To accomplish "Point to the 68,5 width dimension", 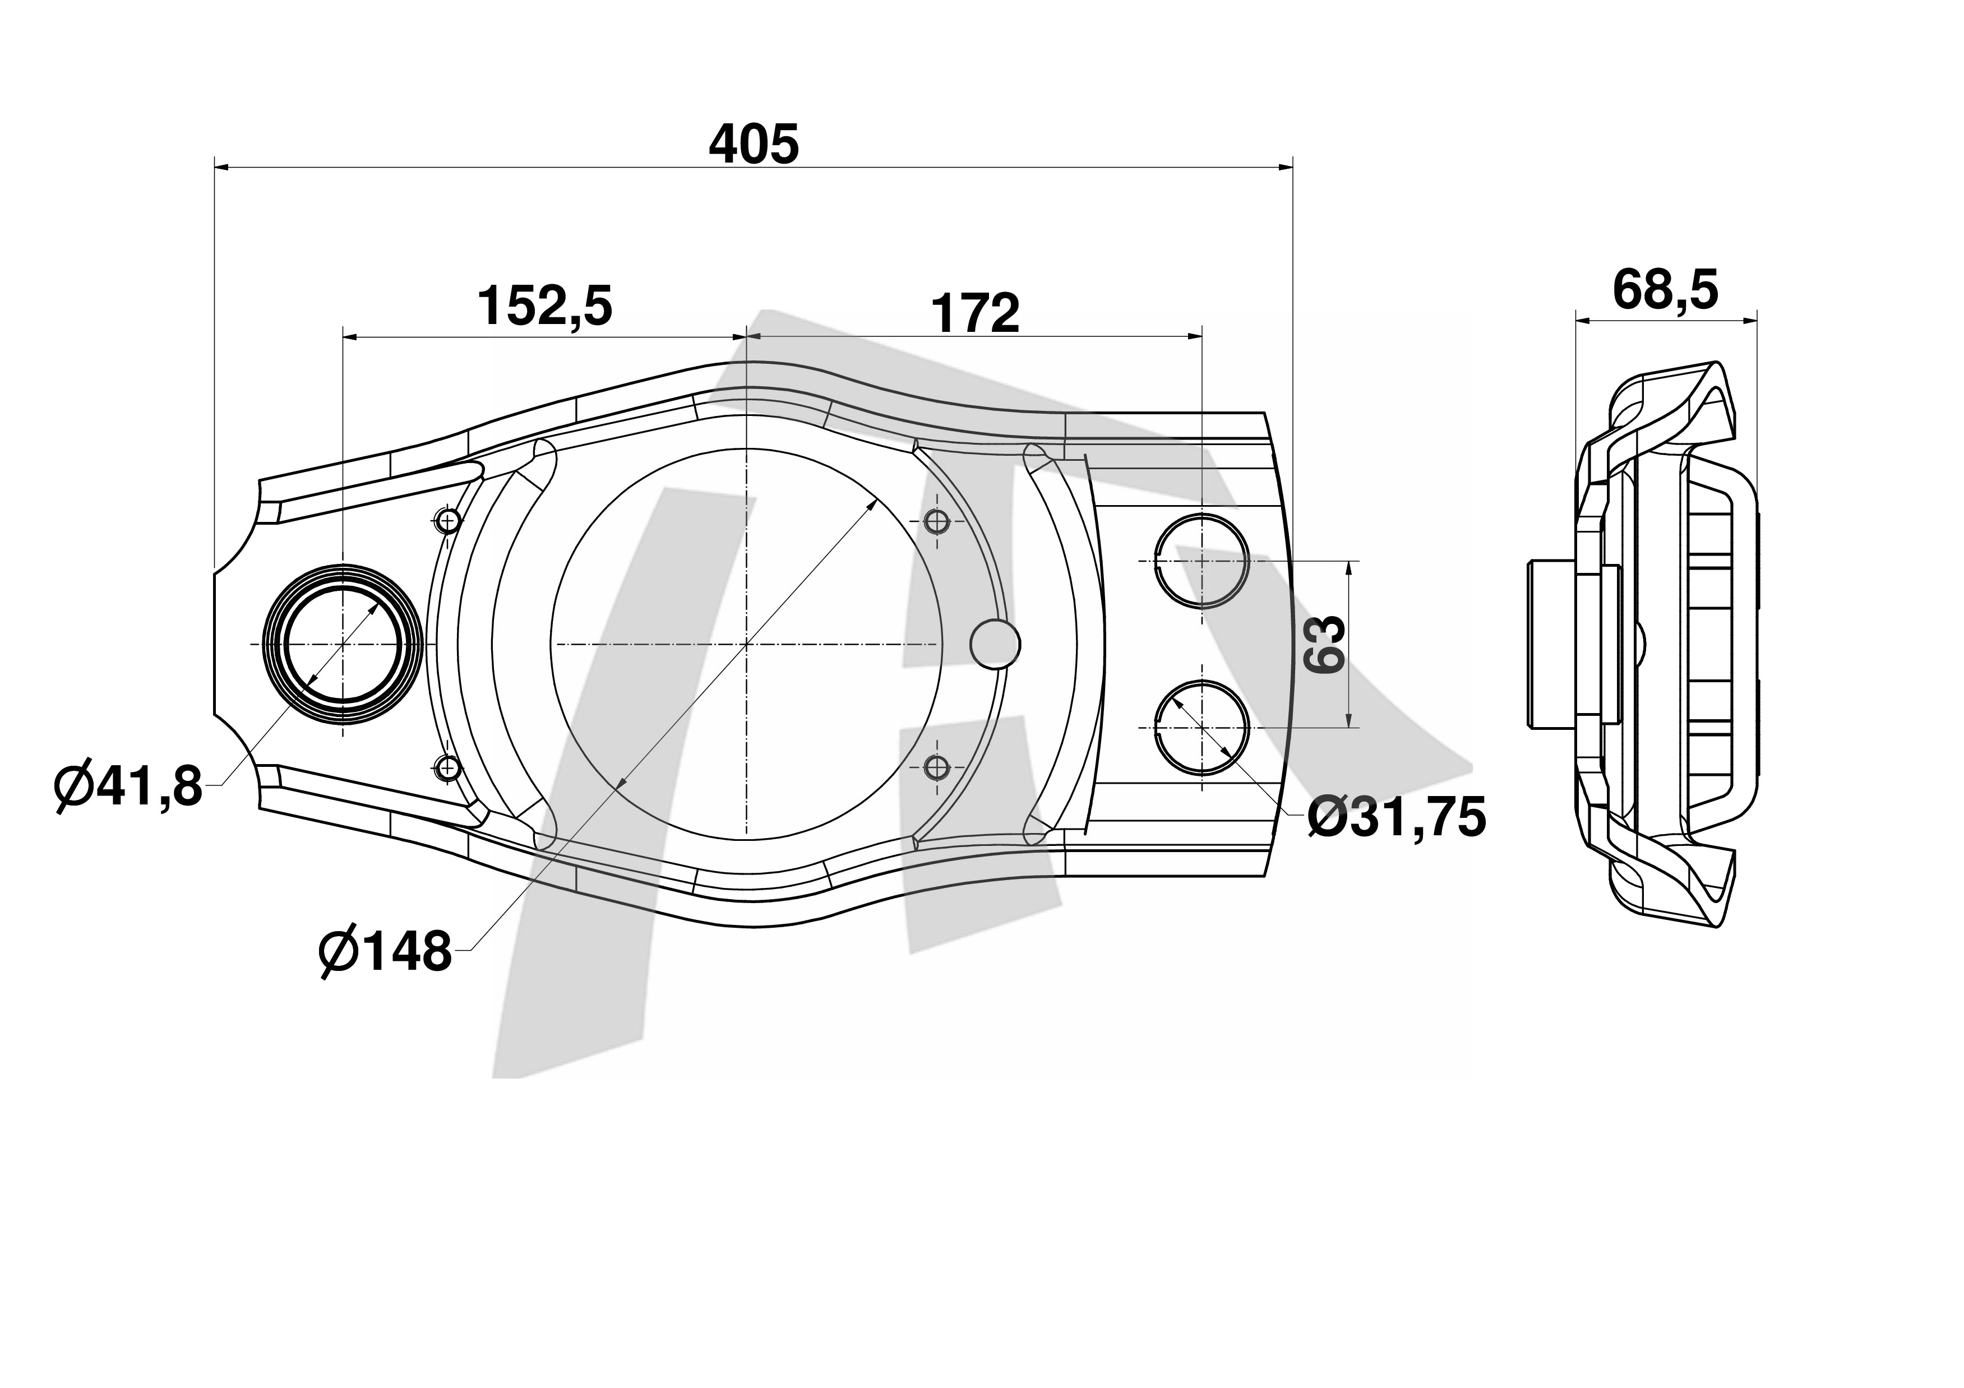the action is tap(1665, 289).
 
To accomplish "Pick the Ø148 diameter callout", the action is tap(385, 950).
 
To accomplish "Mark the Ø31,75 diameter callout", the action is tap(1397, 817).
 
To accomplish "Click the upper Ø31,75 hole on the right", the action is tap(1202, 560).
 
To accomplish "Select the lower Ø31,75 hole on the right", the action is tap(1202, 727).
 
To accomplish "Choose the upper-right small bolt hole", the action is tap(937, 520).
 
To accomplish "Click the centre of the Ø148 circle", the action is tap(747, 643).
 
